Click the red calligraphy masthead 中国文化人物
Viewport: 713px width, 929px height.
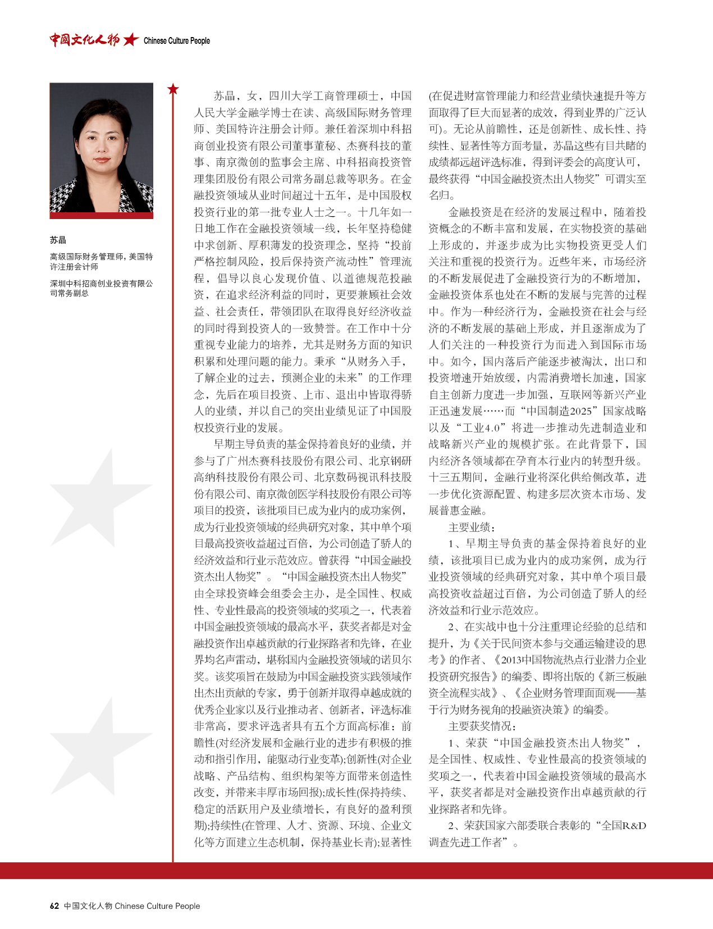pyautogui.click(x=84, y=40)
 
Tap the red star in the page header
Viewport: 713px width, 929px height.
pyautogui.click(x=131, y=39)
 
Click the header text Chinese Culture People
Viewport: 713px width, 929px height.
pyautogui.click(x=177, y=40)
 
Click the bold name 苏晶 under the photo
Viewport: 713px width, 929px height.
pyautogui.click(x=58, y=240)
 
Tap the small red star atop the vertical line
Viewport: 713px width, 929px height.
pyautogui.click(x=173, y=89)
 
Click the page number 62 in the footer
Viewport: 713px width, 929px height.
pyautogui.click(x=54, y=905)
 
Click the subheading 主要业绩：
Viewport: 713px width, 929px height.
pyautogui.click(x=472, y=527)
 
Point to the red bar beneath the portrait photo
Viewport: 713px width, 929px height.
pyautogui.click(x=101, y=215)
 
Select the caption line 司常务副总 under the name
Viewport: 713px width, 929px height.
pyautogui.click(x=69, y=293)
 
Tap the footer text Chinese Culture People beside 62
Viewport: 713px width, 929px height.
pyautogui.click(x=157, y=905)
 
